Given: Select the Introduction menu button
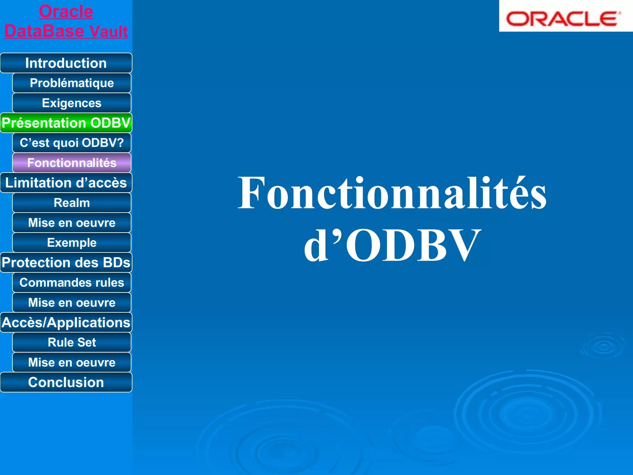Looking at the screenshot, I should click(66, 63).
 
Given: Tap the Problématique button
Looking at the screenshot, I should click(72, 83).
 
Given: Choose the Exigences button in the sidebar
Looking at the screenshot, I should click(72, 103).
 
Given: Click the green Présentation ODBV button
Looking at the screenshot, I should click(66, 123).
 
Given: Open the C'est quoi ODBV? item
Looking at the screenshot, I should click(72, 143).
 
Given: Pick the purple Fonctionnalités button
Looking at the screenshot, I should click(72, 163).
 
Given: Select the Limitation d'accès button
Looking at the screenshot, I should click(66, 183).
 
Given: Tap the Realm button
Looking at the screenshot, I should click(72, 203).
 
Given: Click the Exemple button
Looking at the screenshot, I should click(72, 243).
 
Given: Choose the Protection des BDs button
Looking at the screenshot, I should click(66, 263).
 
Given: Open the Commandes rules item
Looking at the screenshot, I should click(72, 283).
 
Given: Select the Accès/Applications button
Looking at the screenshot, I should click(66, 323).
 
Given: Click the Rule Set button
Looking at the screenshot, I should click(72, 342).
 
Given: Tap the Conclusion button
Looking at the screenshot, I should click(66, 383).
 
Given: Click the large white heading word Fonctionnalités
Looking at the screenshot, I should click(392, 193).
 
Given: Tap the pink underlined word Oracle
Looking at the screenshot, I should click(66, 12).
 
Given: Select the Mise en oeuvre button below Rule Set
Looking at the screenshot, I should click(72, 362).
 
